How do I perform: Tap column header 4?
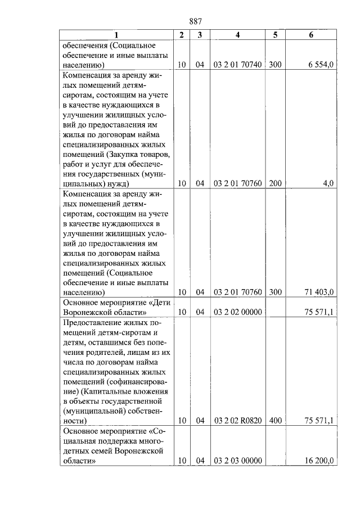(237, 35)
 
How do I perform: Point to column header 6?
(311, 35)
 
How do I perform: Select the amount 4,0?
(328, 183)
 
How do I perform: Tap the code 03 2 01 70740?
(237, 65)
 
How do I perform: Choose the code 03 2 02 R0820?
(237, 420)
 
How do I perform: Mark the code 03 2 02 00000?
(237, 312)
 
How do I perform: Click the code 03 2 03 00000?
(237, 460)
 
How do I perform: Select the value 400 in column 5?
(275, 420)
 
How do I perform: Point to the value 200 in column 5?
(275, 183)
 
